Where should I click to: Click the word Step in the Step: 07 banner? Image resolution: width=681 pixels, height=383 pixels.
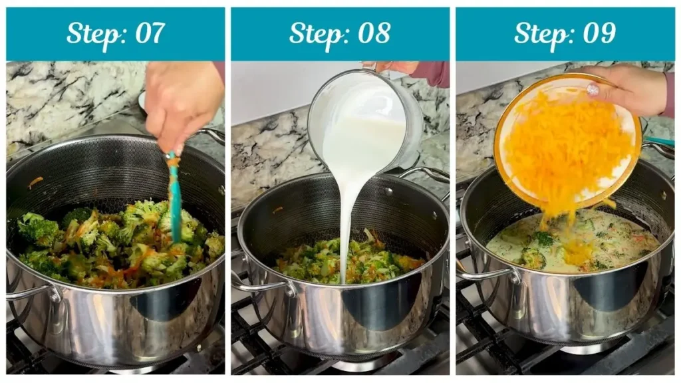click(91, 33)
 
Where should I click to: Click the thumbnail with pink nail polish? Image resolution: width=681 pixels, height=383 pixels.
click(593, 89)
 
